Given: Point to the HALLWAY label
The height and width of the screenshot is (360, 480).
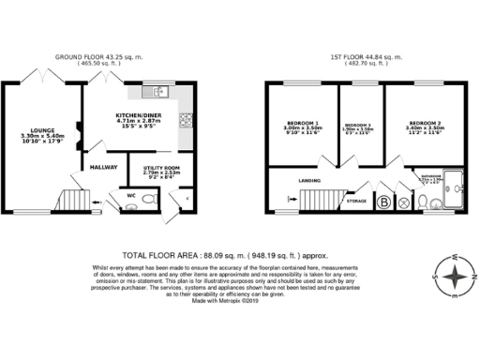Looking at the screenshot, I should coord(102,167).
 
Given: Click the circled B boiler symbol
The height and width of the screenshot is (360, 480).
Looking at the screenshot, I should coord(383,201).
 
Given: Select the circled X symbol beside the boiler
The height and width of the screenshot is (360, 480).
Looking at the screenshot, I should coord(403,201).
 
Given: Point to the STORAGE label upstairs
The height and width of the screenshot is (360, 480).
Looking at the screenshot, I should coord(355,200).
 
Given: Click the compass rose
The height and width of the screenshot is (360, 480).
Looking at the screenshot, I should coord(455,277).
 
